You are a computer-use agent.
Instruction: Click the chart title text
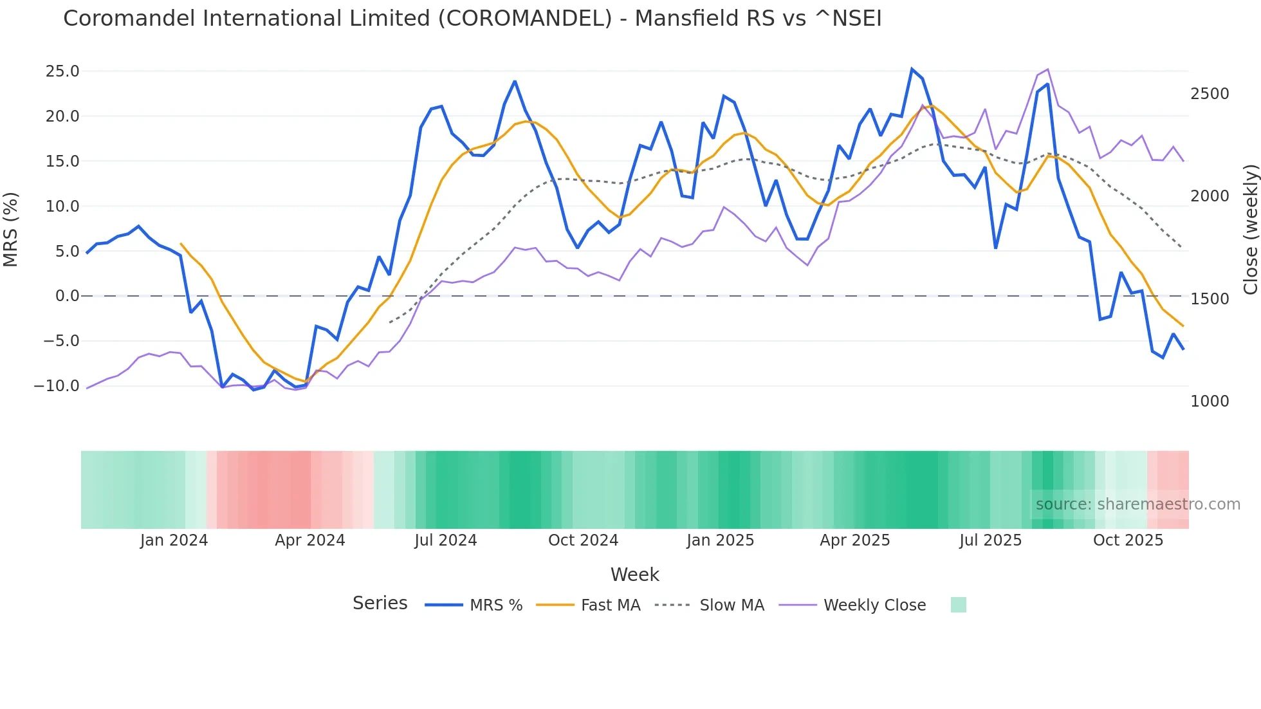pos(472,19)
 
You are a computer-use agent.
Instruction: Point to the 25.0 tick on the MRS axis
pos(62,71)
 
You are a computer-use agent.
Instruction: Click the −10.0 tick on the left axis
pos(57,386)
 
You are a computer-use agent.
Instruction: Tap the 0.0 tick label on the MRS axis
pos(67,296)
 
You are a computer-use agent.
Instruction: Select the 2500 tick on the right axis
pos(1210,94)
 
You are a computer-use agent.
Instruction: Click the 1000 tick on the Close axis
pos(1210,401)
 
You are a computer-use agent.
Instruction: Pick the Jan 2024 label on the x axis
pos(174,540)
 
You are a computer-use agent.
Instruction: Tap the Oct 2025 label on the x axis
pos(1128,540)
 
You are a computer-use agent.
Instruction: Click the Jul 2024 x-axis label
pos(445,540)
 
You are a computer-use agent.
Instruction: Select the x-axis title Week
pos(634,575)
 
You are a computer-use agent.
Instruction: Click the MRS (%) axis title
pos(11,229)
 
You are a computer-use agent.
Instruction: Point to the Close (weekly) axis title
pos(1250,229)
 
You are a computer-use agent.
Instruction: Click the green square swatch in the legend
pos(958,605)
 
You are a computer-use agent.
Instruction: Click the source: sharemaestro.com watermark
pos(1137,504)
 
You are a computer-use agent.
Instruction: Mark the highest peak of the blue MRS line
pos(912,69)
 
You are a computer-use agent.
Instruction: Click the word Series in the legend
pos(380,603)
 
